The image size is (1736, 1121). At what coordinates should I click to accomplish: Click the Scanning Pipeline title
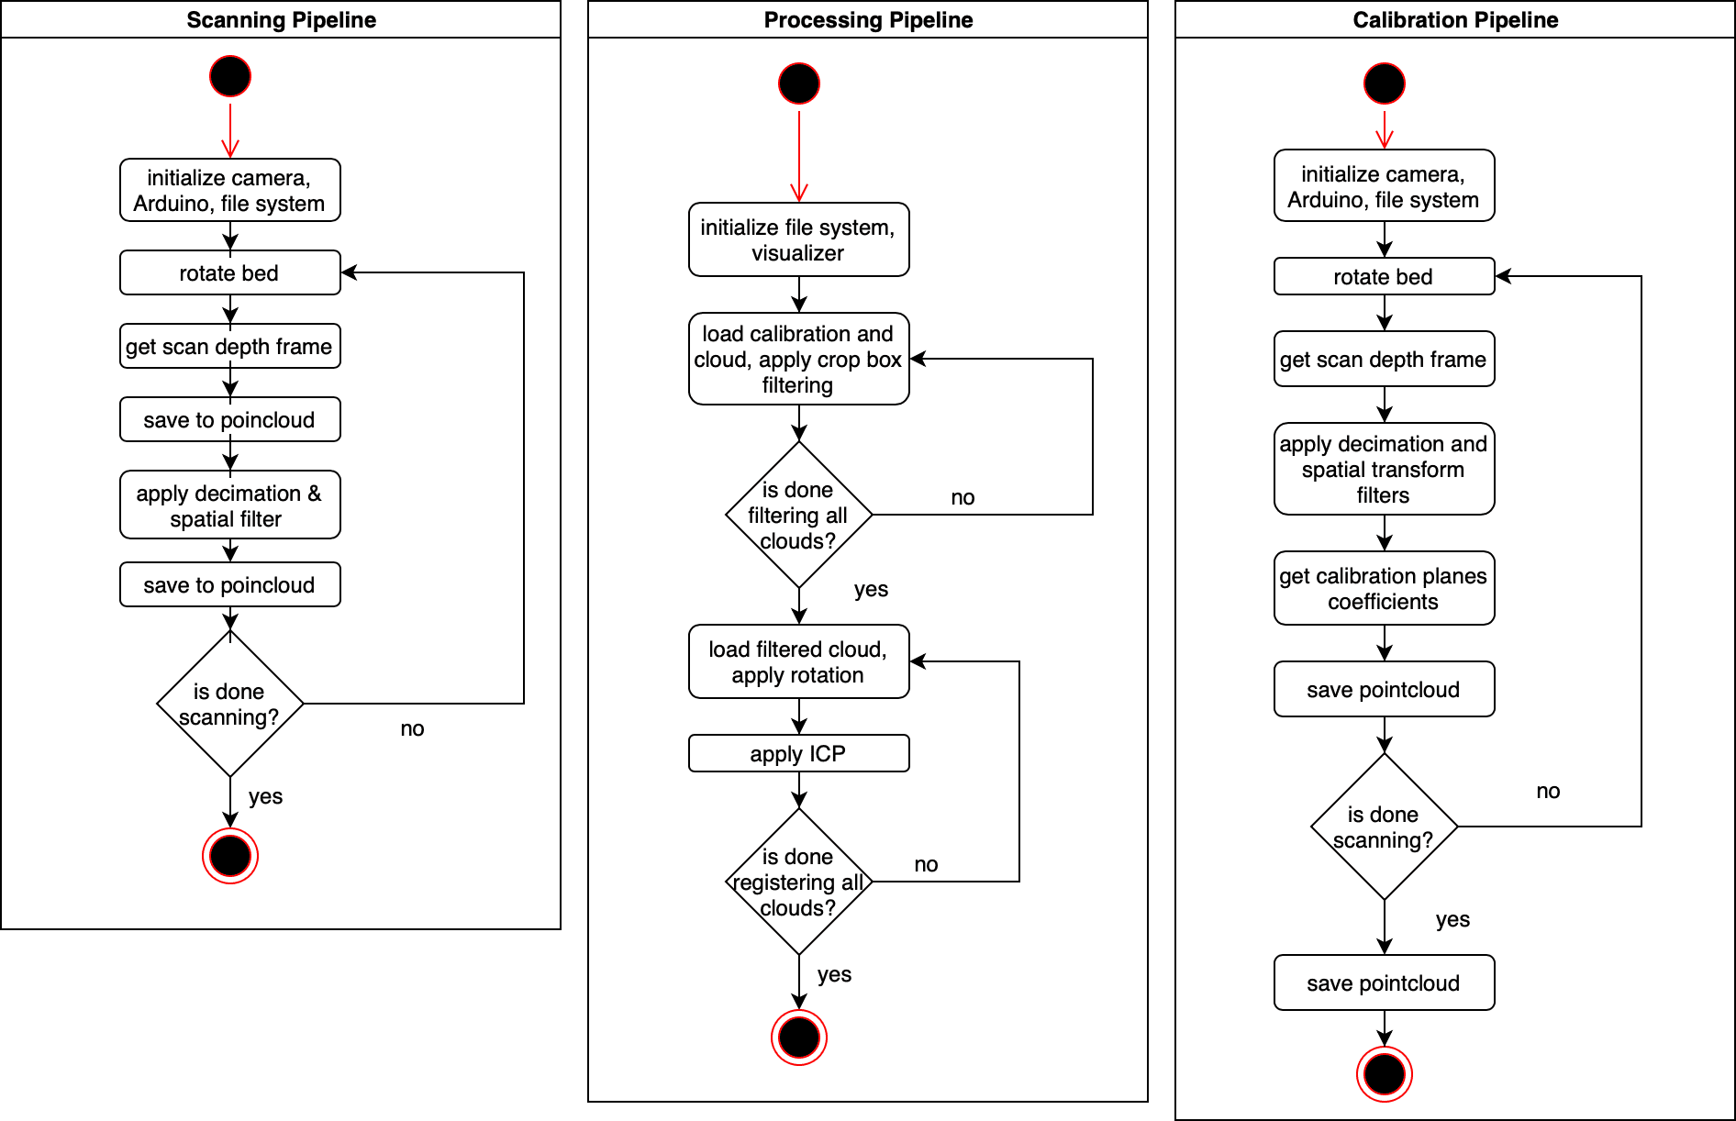click(x=281, y=20)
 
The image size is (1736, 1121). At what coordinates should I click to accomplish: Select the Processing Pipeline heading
click(x=868, y=20)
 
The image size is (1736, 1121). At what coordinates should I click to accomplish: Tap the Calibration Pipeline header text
click(x=1455, y=20)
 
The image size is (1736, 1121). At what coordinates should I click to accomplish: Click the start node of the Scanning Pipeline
click(x=230, y=76)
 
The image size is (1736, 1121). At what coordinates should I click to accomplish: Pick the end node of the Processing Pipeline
click(x=799, y=1038)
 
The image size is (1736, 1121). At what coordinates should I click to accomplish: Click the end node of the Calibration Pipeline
click(x=1385, y=1074)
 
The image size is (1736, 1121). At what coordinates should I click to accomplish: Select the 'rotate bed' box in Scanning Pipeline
click(x=230, y=272)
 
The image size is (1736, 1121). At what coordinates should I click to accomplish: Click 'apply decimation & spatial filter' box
click(x=230, y=505)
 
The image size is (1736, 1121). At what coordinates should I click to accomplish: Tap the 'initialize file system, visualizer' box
click(x=799, y=239)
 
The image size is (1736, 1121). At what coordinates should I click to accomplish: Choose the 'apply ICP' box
click(x=799, y=753)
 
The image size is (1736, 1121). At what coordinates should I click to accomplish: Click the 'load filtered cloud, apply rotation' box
click(x=799, y=661)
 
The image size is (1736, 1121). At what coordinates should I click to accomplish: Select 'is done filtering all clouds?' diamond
click(x=799, y=515)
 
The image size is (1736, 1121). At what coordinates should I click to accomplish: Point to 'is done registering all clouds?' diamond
click(x=799, y=882)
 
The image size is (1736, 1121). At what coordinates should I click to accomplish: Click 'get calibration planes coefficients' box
click(x=1385, y=588)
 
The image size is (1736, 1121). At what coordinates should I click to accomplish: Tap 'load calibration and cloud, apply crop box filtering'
click(x=799, y=359)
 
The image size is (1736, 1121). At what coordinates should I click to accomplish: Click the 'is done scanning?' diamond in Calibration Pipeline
click(x=1385, y=827)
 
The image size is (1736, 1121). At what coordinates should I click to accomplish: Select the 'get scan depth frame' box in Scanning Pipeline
click(x=230, y=346)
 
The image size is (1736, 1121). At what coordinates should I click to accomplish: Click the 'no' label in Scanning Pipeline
click(x=412, y=729)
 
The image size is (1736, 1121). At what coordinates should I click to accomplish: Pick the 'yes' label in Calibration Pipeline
click(x=1452, y=919)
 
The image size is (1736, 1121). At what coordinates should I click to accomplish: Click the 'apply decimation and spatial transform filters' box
click(x=1385, y=469)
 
